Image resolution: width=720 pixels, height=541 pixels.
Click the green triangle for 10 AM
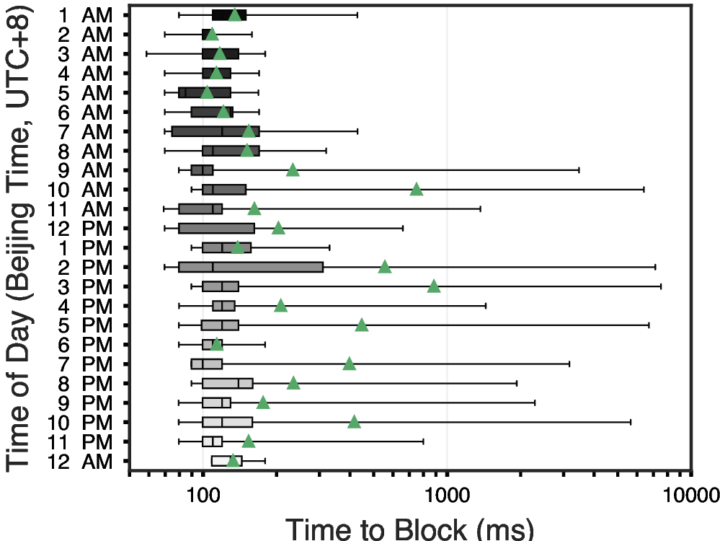[x=416, y=190]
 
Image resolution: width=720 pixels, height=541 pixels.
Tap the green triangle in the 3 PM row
[x=434, y=286]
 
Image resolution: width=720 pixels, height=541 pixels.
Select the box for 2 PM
[x=251, y=267]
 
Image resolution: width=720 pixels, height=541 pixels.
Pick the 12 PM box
[x=216, y=228]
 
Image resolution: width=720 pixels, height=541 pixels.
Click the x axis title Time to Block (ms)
[x=410, y=528]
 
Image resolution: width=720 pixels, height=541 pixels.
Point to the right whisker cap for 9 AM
[x=579, y=170]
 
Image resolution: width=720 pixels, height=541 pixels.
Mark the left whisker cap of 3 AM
[x=147, y=53]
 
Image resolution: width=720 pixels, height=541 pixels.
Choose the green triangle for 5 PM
[x=362, y=325]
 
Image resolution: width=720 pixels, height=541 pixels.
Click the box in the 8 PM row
[x=228, y=383]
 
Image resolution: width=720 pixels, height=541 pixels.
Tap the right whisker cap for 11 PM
[x=423, y=441]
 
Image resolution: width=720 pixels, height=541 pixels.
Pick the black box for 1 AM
[x=229, y=14]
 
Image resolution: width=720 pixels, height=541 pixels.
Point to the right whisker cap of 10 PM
[x=631, y=421]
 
